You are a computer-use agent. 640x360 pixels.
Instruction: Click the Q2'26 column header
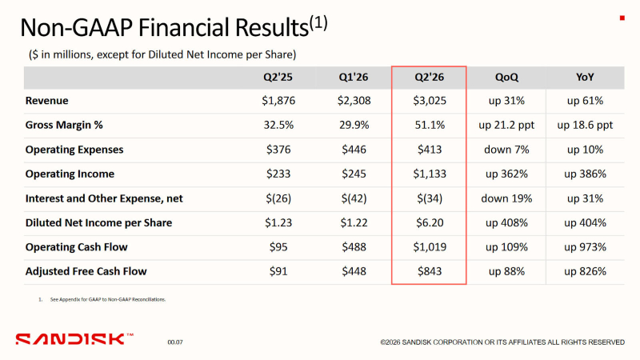[429, 78]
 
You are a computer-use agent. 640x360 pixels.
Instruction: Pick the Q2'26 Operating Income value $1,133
[429, 174]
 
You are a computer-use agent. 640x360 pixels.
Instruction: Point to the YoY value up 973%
[584, 247]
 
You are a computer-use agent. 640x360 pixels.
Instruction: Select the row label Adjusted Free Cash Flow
[86, 271]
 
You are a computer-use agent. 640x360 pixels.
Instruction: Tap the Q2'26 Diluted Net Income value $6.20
[429, 223]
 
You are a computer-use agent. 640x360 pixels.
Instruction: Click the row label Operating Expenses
[75, 150]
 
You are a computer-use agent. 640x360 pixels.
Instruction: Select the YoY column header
[584, 78]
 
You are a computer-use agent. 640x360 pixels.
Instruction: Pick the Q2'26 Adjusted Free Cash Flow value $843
[429, 271]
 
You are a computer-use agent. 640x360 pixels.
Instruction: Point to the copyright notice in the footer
[502, 342]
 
